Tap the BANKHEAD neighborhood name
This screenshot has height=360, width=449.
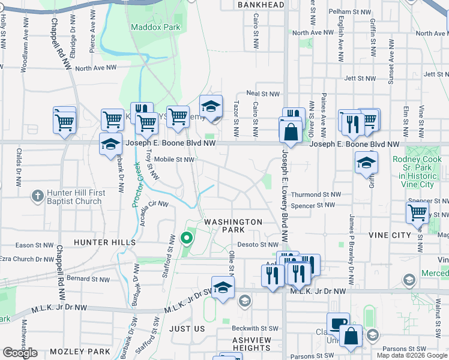261,5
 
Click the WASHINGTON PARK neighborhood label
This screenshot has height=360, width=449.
233,226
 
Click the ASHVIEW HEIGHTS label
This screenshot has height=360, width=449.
252,344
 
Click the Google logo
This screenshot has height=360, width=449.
20,353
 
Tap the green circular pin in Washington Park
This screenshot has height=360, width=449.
187,238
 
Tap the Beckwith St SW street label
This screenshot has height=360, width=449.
255,328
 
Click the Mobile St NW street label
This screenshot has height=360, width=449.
175,160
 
